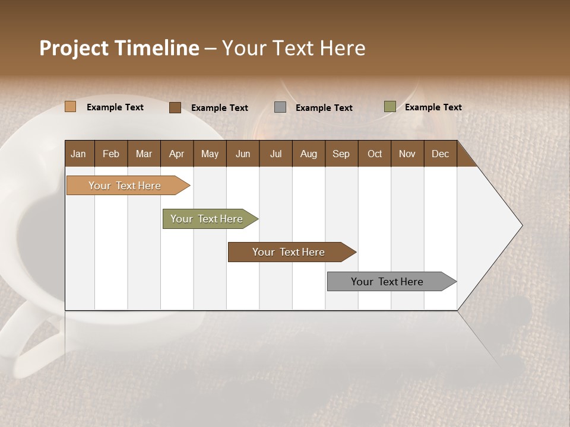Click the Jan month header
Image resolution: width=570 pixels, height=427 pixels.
pos(78,154)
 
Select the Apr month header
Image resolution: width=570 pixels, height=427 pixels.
pos(176,154)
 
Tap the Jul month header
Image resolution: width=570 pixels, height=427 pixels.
pos(275,154)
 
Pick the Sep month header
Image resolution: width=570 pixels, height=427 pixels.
pos(341,154)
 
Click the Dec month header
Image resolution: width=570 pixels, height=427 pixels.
pos(440,154)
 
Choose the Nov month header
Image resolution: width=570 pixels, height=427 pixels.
pos(407,154)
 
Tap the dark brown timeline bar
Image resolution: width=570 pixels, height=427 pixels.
pos(289,252)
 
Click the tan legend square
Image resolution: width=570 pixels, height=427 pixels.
pos(70,107)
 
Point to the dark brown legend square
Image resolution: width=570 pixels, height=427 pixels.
pos(175,107)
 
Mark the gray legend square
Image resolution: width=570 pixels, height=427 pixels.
pos(280,107)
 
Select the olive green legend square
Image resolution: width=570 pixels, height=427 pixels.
pos(389,107)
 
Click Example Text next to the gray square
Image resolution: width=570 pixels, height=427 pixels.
pos(324,108)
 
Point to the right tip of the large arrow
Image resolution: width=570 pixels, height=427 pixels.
pos(521,225)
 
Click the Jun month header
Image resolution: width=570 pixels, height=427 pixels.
pos(243,154)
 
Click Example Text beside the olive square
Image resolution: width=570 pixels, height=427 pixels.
pos(433,107)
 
